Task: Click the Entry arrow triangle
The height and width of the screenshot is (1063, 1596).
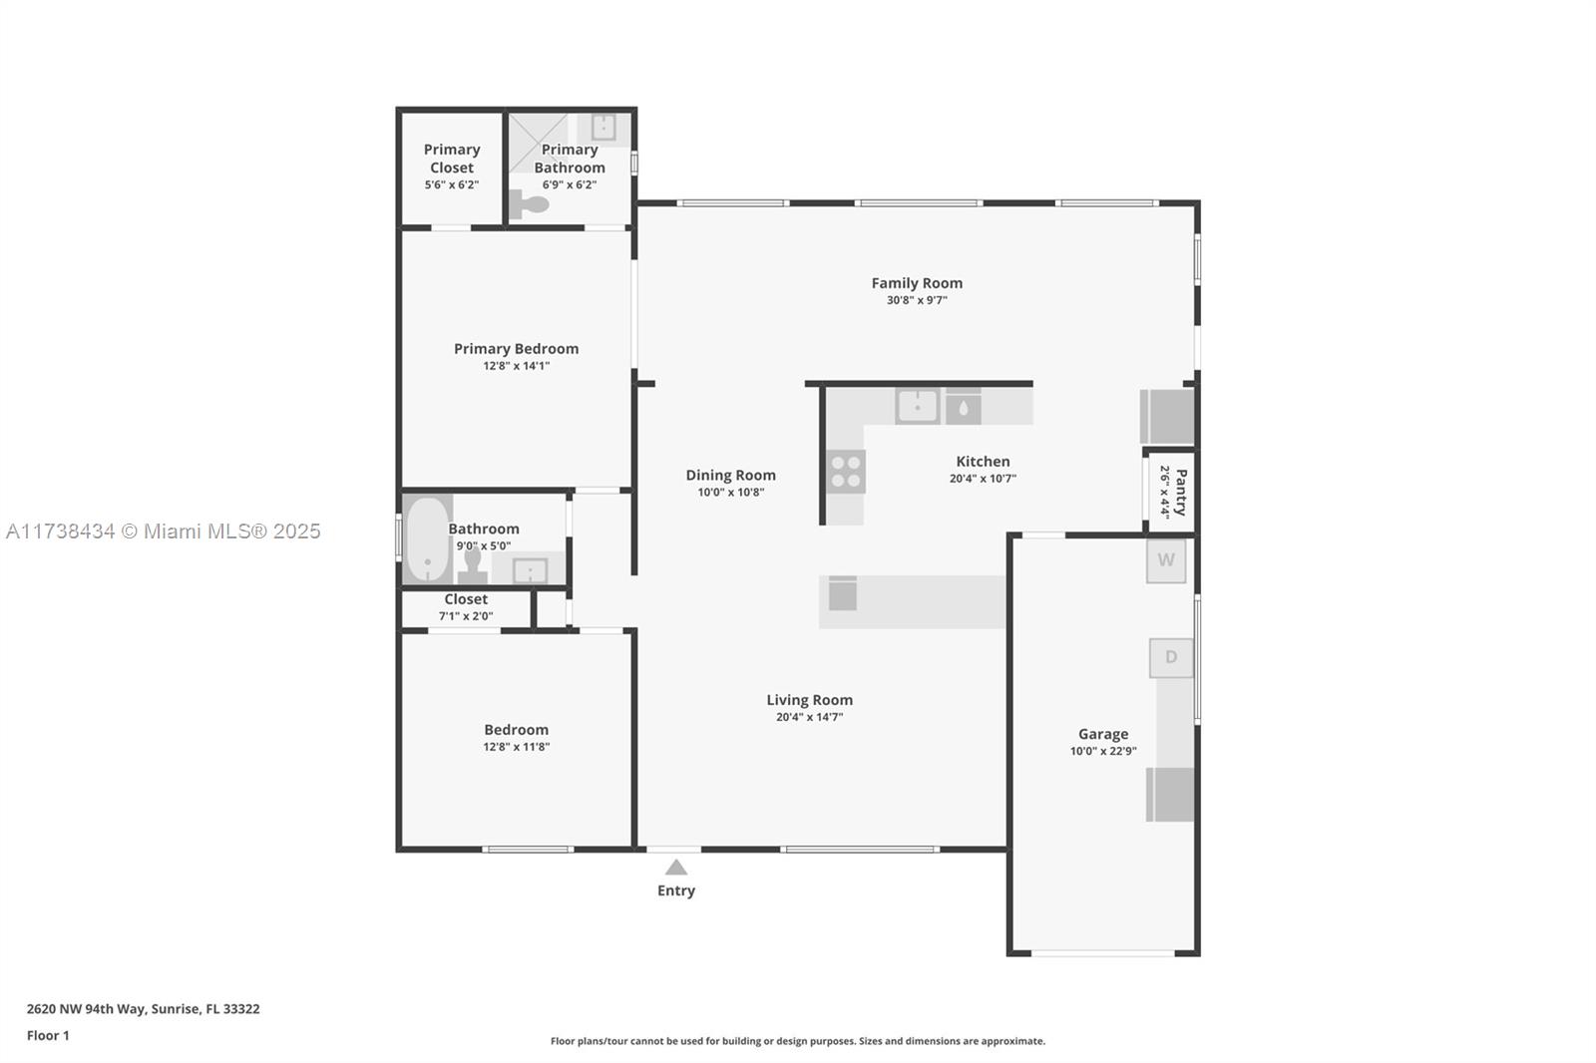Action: (676, 868)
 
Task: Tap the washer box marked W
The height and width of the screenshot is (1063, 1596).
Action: (1166, 560)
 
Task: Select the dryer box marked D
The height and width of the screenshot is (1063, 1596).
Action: (1171, 657)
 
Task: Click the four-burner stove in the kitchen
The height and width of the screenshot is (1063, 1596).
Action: (846, 472)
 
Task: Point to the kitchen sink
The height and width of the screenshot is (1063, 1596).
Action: (917, 407)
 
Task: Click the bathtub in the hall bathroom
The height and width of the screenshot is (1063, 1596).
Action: (427, 539)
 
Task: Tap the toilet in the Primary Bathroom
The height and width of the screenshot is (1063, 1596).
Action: (530, 204)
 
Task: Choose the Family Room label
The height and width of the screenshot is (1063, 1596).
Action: (917, 283)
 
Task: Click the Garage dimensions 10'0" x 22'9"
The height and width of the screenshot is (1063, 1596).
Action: (1103, 751)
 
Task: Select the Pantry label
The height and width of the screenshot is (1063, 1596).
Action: (1181, 493)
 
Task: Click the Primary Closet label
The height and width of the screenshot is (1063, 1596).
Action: (452, 159)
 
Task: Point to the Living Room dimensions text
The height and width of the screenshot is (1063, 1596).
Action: (809, 717)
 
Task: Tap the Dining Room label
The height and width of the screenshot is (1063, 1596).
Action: (731, 476)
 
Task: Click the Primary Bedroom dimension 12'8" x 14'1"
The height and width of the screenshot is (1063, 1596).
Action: (517, 366)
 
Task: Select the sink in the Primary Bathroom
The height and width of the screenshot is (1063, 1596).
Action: (603, 128)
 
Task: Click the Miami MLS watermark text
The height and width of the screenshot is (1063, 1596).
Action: (164, 531)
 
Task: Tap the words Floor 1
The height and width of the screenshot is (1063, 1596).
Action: (48, 1035)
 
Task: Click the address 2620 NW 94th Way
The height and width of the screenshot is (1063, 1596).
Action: (86, 1009)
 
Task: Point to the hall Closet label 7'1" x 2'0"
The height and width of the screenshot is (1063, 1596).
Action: (466, 616)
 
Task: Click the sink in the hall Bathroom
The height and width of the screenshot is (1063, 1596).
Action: (530, 570)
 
